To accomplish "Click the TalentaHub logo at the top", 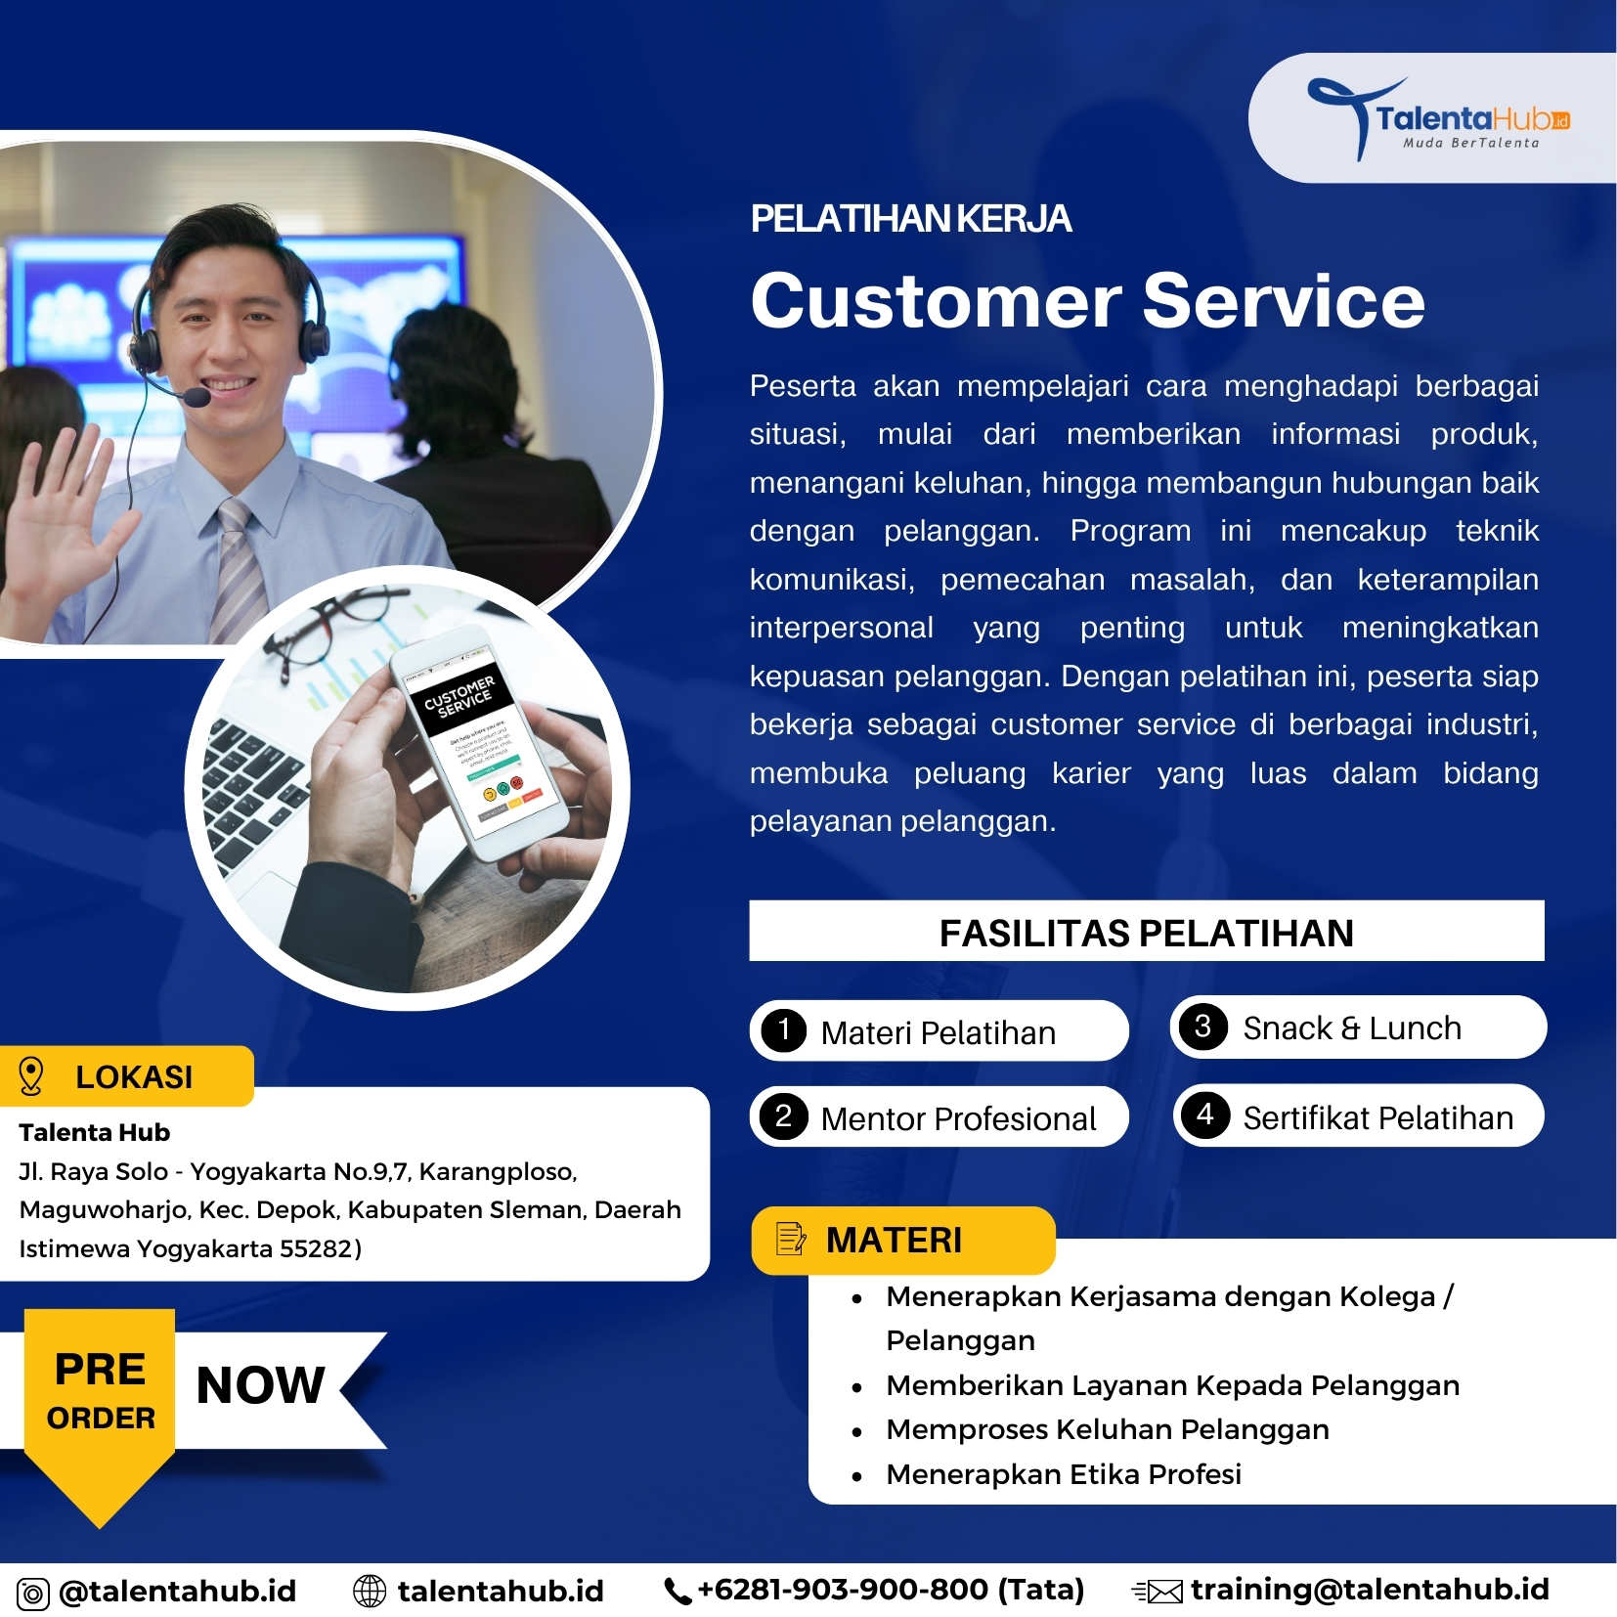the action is [1437, 118].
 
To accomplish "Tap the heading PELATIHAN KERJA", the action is [910, 218].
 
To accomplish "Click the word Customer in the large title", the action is [936, 300].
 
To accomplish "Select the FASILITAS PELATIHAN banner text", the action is [1146, 933].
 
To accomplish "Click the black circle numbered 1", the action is [784, 1029].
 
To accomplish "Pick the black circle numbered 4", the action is [1205, 1114].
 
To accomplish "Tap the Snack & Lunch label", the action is [1351, 1027].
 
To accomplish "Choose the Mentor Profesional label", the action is [958, 1117].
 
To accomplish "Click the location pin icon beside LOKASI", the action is [31, 1075].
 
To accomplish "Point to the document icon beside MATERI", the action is [791, 1239].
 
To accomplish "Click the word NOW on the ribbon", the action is [260, 1384].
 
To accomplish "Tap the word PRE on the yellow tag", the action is [100, 1369].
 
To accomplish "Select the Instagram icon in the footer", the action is [33, 1594].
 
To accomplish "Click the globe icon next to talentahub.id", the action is [370, 1592].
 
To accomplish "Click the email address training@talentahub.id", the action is [1369, 1590].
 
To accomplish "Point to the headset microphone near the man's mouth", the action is [197, 397].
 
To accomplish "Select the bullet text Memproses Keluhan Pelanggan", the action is [1107, 1429].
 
